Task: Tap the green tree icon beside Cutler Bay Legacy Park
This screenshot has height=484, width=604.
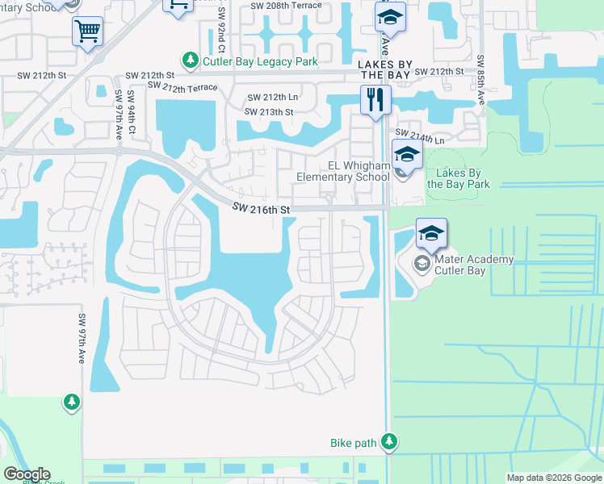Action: coord(191,60)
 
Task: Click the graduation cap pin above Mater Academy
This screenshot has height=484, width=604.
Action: coord(431,235)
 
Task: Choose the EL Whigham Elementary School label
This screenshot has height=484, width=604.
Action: coord(343,172)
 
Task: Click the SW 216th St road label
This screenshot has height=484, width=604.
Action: coord(261,209)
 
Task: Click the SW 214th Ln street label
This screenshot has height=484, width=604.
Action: coord(420,136)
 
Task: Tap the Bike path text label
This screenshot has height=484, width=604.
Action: coord(354,443)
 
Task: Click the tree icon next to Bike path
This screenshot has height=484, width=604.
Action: coord(390,441)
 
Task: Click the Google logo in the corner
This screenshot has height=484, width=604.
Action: coord(27,474)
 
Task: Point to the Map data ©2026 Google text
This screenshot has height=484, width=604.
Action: coord(553,478)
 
